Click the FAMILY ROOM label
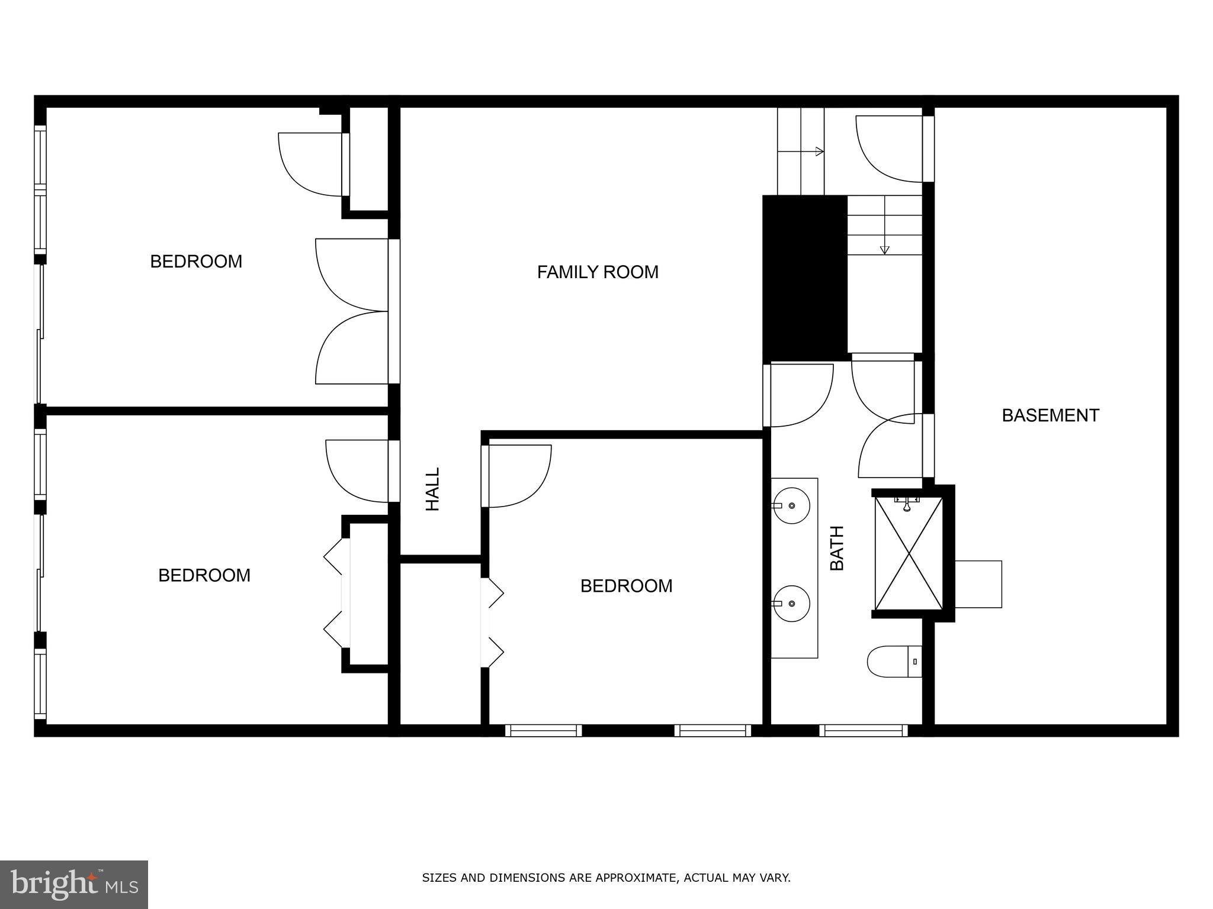(598, 272)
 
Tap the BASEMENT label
(1050, 415)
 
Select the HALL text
(433, 489)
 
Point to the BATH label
(837, 548)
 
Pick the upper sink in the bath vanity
(792, 506)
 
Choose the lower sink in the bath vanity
(792, 604)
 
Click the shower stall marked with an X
(909, 553)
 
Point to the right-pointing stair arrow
(819, 151)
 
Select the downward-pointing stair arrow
(884, 250)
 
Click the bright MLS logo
(74, 885)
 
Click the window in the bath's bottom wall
(864, 731)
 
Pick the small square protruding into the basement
(978, 584)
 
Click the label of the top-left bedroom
(196, 262)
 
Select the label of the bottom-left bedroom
(204, 575)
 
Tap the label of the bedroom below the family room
(626, 586)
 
